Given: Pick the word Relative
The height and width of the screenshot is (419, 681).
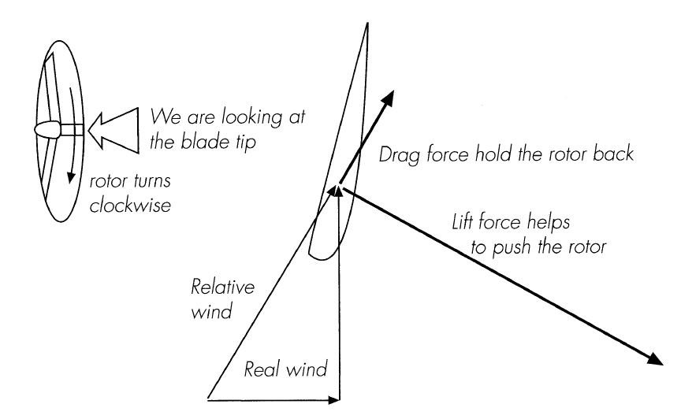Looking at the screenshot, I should click(x=213, y=284).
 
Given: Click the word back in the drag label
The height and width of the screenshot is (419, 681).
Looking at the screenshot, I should click(x=614, y=154).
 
